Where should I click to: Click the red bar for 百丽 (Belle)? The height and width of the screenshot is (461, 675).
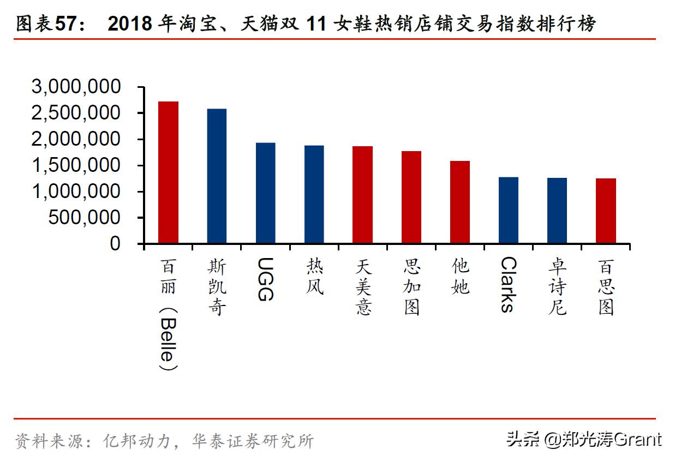(x=168, y=172)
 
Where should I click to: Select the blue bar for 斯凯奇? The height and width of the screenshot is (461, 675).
(x=217, y=176)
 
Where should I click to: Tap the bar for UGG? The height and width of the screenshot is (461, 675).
(x=265, y=193)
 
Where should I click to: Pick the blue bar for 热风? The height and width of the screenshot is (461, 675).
(x=314, y=194)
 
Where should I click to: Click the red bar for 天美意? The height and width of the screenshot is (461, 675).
(x=362, y=195)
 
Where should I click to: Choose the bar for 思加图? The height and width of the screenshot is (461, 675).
(x=411, y=197)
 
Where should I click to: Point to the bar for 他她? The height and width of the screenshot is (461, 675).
(x=459, y=202)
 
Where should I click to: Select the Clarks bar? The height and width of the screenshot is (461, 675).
(x=508, y=210)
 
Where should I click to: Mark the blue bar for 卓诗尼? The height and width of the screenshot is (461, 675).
(x=557, y=211)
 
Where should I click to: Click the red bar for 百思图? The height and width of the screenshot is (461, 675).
(x=606, y=211)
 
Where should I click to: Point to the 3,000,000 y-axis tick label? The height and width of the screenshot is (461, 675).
(x=76, y=87)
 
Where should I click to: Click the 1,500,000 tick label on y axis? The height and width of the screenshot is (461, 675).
(x=76, y=165)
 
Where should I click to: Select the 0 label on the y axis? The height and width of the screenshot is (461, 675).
(x=115, y=244)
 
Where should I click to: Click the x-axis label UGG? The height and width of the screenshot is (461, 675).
(x=265, y=279)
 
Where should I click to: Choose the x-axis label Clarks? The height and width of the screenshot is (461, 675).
(x=508, y=284)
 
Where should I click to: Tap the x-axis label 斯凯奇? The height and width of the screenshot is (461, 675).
(x=217, y=287)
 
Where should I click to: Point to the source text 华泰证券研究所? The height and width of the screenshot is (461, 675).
(x=253, y=441)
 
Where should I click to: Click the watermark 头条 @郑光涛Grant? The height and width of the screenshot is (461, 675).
(x=583, y=439)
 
